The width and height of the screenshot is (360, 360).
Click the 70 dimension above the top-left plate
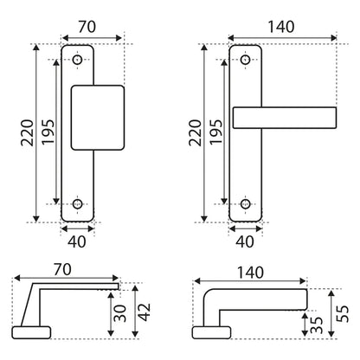[x=87, y=27]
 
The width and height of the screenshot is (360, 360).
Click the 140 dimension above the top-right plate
[x=281, y=27]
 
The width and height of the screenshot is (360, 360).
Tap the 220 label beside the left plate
[x=27, y=132]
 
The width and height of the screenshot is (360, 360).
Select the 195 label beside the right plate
[x=216, y=132]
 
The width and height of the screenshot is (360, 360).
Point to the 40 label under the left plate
[x=77, y=241]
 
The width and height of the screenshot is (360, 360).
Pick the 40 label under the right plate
[x=245, y=241]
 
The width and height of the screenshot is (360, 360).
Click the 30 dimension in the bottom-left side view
[x=120, y=313]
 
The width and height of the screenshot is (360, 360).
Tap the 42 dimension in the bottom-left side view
[x=145, y=312]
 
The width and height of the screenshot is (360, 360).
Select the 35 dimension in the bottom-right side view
[x=316, y=325]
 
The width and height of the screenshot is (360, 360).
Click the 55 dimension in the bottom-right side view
[x=343, y=314]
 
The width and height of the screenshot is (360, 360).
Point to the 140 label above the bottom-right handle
[x=250, y=273]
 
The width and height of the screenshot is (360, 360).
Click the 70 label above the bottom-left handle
[x=62, y=270]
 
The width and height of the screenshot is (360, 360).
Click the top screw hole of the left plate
[x=77, y=60]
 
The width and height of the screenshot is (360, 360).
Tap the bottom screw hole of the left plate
[x=77, y=203]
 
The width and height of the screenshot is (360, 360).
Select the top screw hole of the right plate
[x=245, y=60]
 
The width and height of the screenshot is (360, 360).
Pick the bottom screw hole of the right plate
[x=245, y=203]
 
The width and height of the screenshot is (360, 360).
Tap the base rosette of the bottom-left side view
[x=31, y=332]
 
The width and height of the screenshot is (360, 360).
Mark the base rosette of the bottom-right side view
[x=211, y=332]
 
